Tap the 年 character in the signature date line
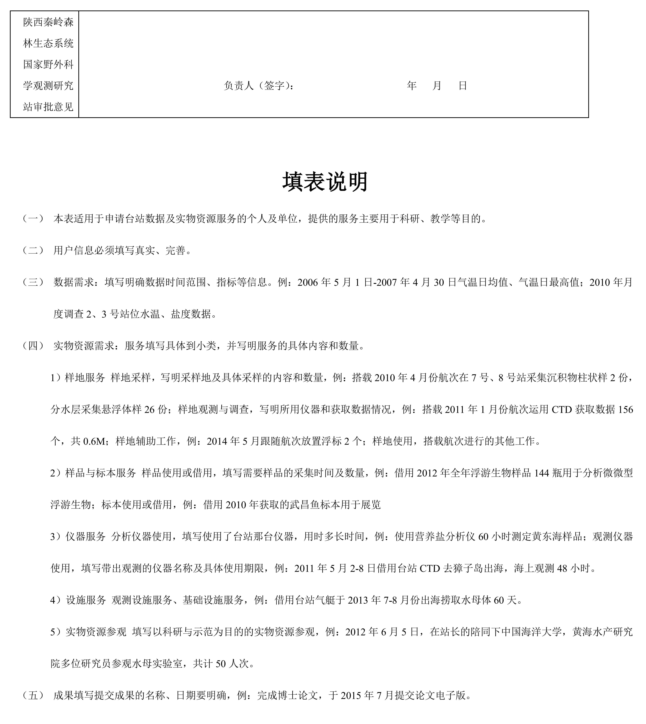[x=412, y=86]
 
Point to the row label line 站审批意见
[x=48, y=107]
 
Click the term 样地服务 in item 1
[x=85, y=378]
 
